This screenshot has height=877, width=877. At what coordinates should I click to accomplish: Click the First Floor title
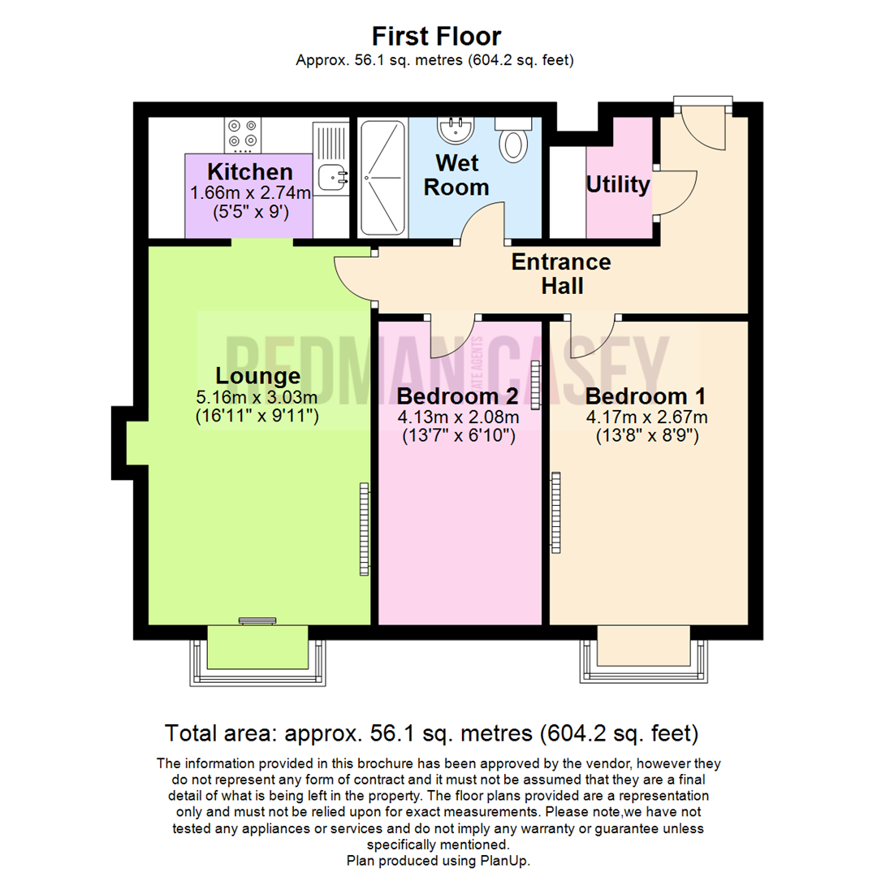pyautogui.click(x=436, y=36)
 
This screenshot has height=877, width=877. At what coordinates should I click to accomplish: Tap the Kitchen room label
pyautogui.click(x=249, y=172)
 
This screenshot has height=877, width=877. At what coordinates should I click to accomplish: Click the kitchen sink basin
pyautogui.click(x=331, y=174)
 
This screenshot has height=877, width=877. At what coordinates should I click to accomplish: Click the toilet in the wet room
pyautogui.click(x=513, y=141)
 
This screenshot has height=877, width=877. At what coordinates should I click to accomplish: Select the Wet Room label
pyautogui.click(x=461, y=175)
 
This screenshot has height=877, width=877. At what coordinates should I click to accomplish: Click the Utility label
pyautogui.click(x=618, y=184)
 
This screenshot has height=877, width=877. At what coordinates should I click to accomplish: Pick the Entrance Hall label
pyautogui.click(x=560, y=274)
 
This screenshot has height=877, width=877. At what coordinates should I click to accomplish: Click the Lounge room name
pyautogui.click(x=257, y=377)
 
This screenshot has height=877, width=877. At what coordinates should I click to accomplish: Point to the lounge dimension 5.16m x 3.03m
pyautogui.click(x=257, y=398)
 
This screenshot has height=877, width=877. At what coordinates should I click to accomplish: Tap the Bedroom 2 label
pyautogui.click(x=460, y=397)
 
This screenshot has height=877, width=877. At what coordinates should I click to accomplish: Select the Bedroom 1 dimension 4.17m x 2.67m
pyautogui.click(x=646, y=417)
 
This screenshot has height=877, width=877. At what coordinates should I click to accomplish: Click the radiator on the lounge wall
pyautogui.click(x=364, y=529)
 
